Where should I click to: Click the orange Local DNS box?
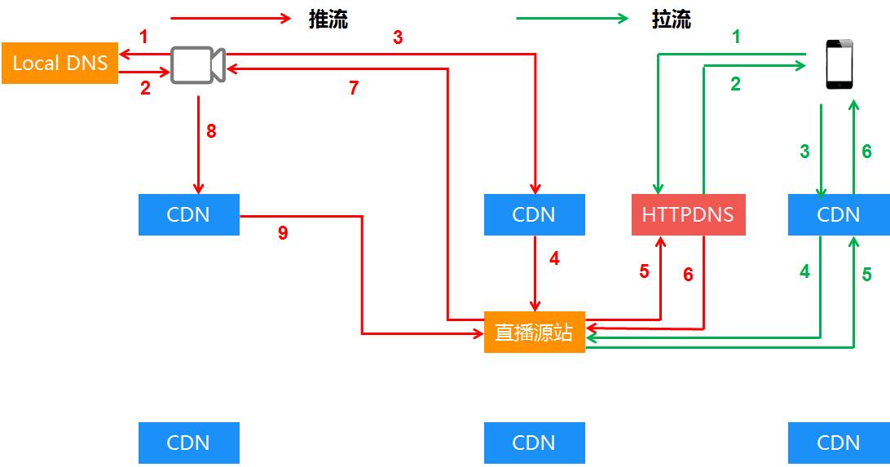coord(59,63)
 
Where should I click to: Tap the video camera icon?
coord(198,64)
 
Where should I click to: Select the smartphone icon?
coord(839,65)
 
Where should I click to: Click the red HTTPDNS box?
coord(688,214)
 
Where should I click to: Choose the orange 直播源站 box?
coord(534,332)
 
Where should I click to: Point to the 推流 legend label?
coord(328,20)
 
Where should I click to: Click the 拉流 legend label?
coord(672,20)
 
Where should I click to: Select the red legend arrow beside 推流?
coord(231,19)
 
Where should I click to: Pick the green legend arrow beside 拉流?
coord(573,19)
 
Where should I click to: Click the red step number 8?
coord(211,130)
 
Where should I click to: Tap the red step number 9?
coord(283,233)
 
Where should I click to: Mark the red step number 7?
coord(354,88)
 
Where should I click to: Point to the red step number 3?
coord(398,37)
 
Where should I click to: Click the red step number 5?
coord(644,271)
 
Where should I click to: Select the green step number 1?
coord(736,37)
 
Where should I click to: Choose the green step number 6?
coord(866,151)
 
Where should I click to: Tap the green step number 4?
coord(804,271)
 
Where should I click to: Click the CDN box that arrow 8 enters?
coord(188,214)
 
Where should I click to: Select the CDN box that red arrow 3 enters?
coord(534,214)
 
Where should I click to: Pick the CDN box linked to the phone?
coord(838,214)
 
